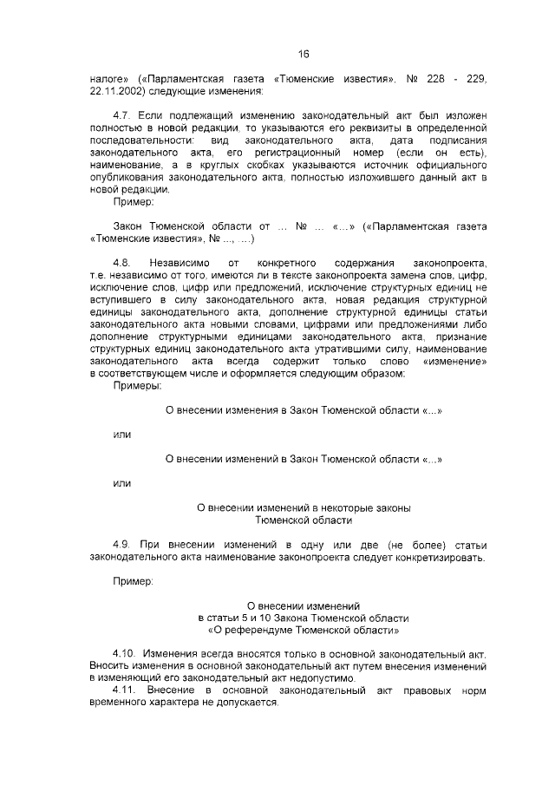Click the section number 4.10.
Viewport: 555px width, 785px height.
pos(127,651)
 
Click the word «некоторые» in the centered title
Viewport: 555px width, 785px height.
pos(338,507)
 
